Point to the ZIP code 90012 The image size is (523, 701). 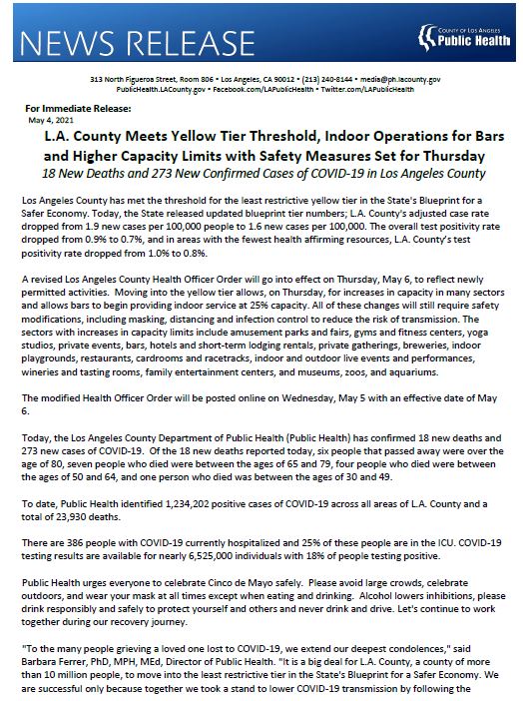(270, 78)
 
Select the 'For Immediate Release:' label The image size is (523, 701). (69, 107)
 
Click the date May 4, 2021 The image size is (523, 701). (48, 118)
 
